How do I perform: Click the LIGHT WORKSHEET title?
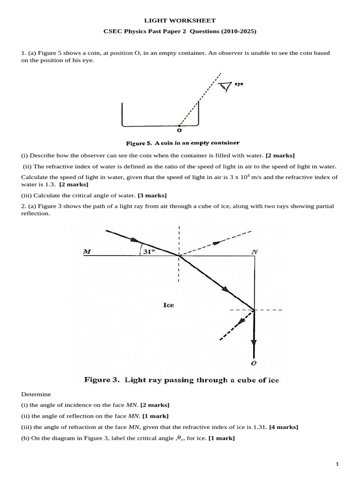[180, 21]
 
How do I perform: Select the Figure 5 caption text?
[183, 142]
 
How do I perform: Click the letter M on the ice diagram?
[87, 252]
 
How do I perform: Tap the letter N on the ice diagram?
[255, 252]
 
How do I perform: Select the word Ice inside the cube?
[168, 305]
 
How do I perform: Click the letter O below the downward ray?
[254, 363]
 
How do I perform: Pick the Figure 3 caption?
[181, 380]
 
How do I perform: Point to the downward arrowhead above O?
[254, 344]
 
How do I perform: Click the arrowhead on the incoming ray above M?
[129, 238]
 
